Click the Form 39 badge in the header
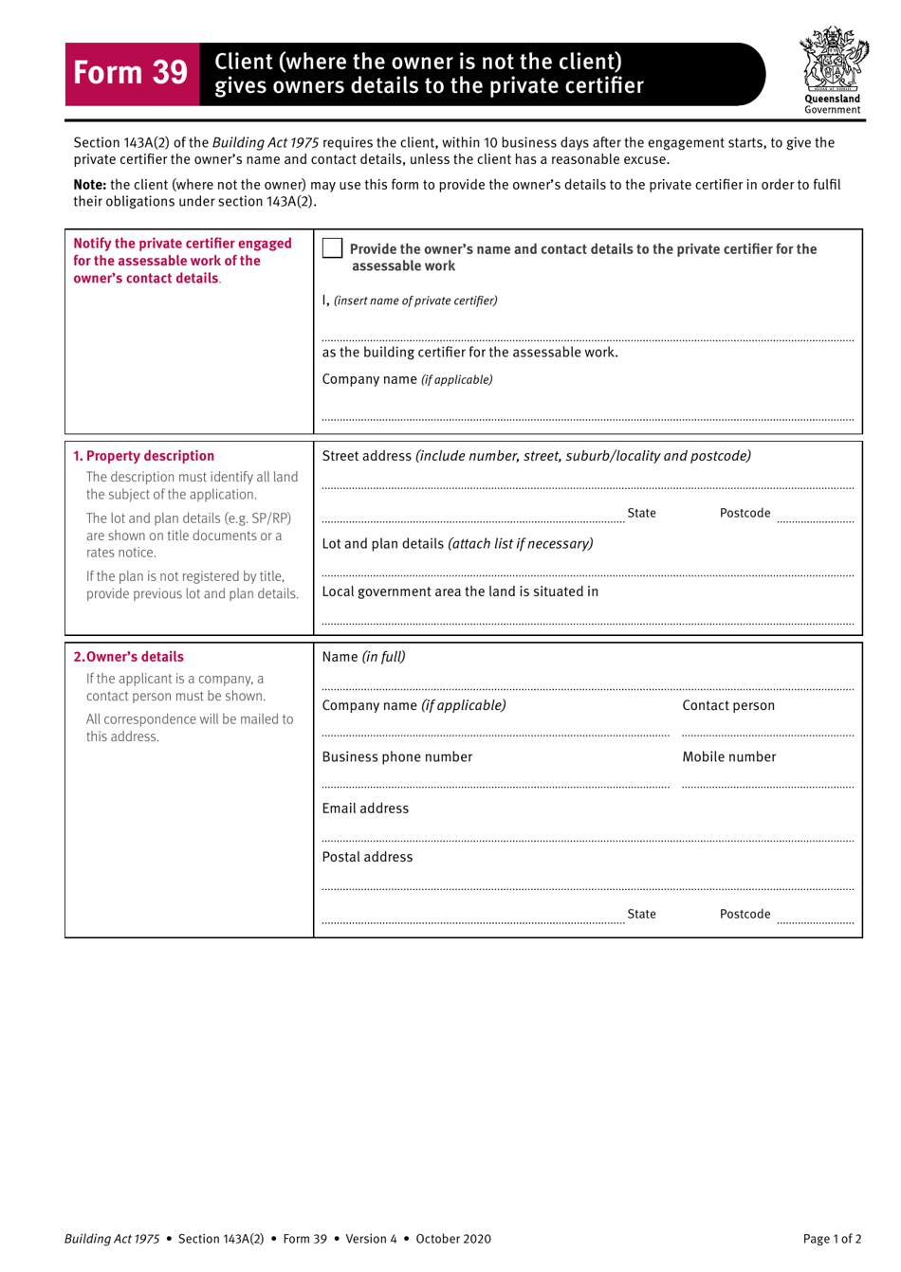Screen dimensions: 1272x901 click(131, 73)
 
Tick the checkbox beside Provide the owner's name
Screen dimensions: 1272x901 click(332, 248)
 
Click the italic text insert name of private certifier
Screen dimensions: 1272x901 click(415, 300)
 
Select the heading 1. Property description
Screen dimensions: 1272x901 click(144, 456)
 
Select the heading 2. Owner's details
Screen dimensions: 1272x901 click(129, 657)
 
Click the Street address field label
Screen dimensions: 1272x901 click(366, 456)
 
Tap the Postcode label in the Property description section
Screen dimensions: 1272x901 click(745, 513)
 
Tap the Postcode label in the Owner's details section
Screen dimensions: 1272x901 click(745, 914)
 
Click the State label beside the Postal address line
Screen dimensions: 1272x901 click(641, 914)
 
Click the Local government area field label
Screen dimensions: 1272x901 click(460, 591)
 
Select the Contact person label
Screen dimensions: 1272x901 click(728, 705)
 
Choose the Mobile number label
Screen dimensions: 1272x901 click(728, 756)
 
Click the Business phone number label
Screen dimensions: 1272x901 click(396, 756)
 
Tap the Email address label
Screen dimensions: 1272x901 click(365, 809)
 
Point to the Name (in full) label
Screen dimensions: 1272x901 click(363, 657)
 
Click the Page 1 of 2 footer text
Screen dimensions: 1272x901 click(832, 1239)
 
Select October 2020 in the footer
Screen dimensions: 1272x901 click(453, 1239)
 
